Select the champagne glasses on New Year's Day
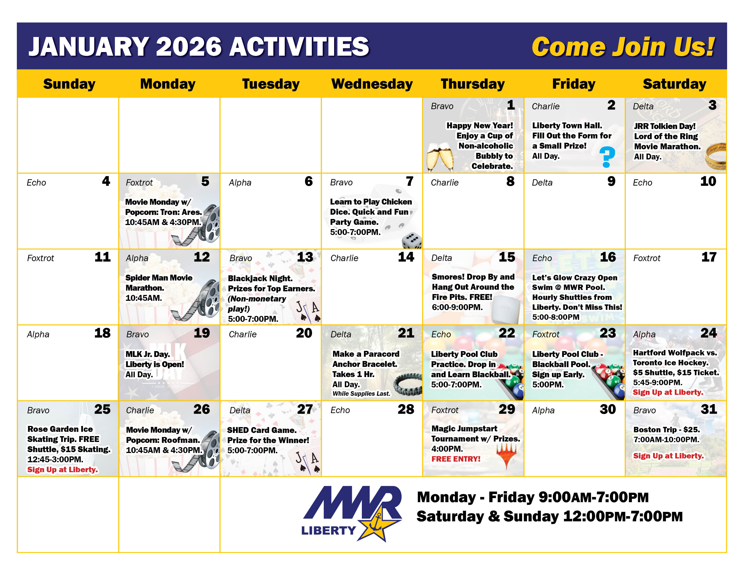click(x=440, y=157)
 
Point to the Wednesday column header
click(x=372, y=84)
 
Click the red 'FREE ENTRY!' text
click(x=456, y=459)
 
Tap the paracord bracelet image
click(x=408, y=385)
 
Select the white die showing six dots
click(x=412, y=241)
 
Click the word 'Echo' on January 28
click(x=340, y=410)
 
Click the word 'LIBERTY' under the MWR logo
click(x=328, y=530)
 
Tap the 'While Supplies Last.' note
click(x=361, y=393)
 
